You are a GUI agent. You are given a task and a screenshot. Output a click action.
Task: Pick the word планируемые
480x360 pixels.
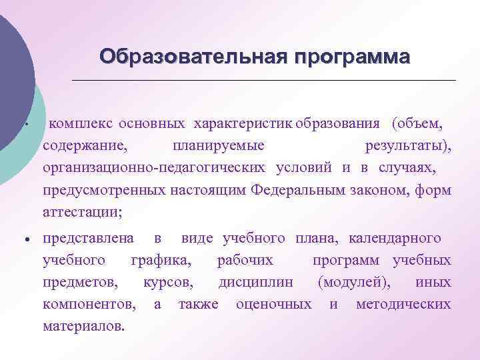click(x=218, y=145)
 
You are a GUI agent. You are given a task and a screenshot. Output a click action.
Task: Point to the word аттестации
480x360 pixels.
click(x=82, y=212)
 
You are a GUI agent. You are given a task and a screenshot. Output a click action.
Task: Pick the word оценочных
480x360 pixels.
click(x=274, y=304)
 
